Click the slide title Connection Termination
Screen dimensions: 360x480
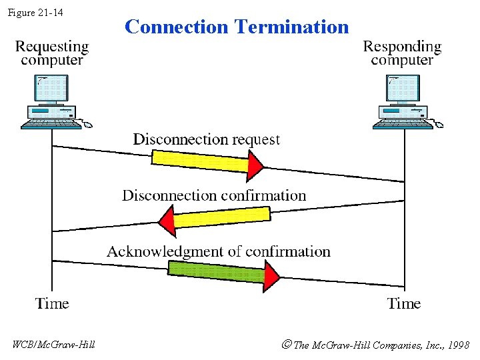click(237, 27)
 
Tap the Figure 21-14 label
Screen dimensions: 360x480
click(35, 12)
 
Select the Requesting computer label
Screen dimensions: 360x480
click(52, 53)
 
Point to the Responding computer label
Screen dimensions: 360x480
click(402, 53)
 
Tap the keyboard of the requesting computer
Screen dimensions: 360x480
click(49, 123)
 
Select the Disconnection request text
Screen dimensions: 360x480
click(206, 139)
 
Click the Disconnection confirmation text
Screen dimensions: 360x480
click(214, 195)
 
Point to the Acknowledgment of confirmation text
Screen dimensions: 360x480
click(219, 251)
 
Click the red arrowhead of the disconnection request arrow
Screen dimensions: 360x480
click(255, 165)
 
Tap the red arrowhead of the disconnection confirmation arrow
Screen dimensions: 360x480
click(166, 221)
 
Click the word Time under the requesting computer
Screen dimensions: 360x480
click(52, 304)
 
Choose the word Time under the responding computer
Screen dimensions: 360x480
click(404, 304)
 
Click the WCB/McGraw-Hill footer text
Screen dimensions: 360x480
click(54, 345)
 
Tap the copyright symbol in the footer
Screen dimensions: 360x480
click(286, 345)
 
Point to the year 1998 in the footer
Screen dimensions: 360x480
click(458, 345)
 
